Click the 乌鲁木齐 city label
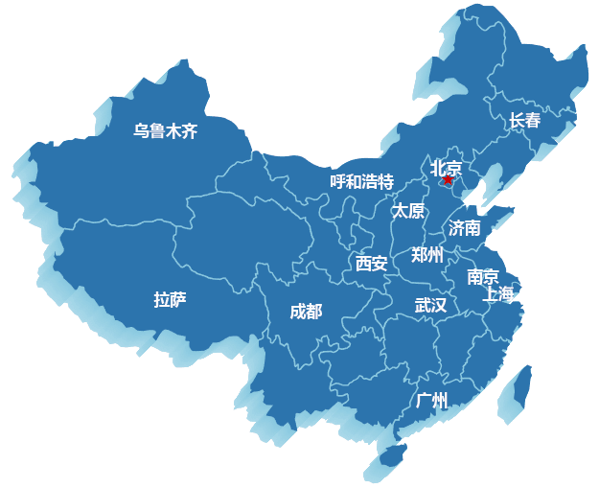point(165,131)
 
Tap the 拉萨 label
point(170,300)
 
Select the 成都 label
point(306,311)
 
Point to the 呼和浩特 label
point(361,181)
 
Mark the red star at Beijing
point(447,179)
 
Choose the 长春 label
point(524,121)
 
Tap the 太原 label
point(407,211)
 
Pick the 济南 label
point(465,228)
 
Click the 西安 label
point(371,263)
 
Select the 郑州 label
point(427,254)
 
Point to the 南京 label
point(482,277)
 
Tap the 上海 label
point(499,293)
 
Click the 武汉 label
point(430,305)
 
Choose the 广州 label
point(432,400)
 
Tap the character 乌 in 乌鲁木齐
point(141,131)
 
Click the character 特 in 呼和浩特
point(385,181)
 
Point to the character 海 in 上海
point(508,293)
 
